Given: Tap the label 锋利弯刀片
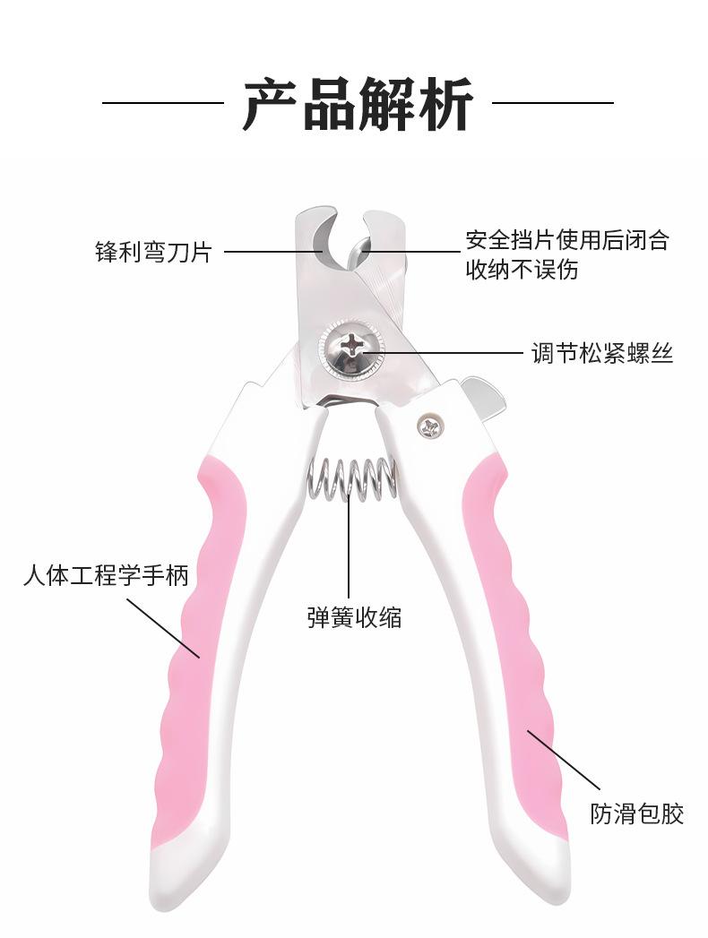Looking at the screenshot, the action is (152, 251).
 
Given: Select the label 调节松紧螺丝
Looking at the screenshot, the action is (601, 353).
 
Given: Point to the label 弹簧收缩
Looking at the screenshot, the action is (354, 617).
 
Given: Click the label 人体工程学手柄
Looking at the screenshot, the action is (106, 575).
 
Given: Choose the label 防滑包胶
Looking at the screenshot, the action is (636, 813).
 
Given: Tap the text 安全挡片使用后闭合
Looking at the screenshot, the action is (566, 240).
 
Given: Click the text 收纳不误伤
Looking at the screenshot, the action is (522, 270).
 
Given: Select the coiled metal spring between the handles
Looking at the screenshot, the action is (352, 479).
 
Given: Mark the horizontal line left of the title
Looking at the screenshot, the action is (162, 103).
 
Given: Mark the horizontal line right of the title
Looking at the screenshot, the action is (553, 103).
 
